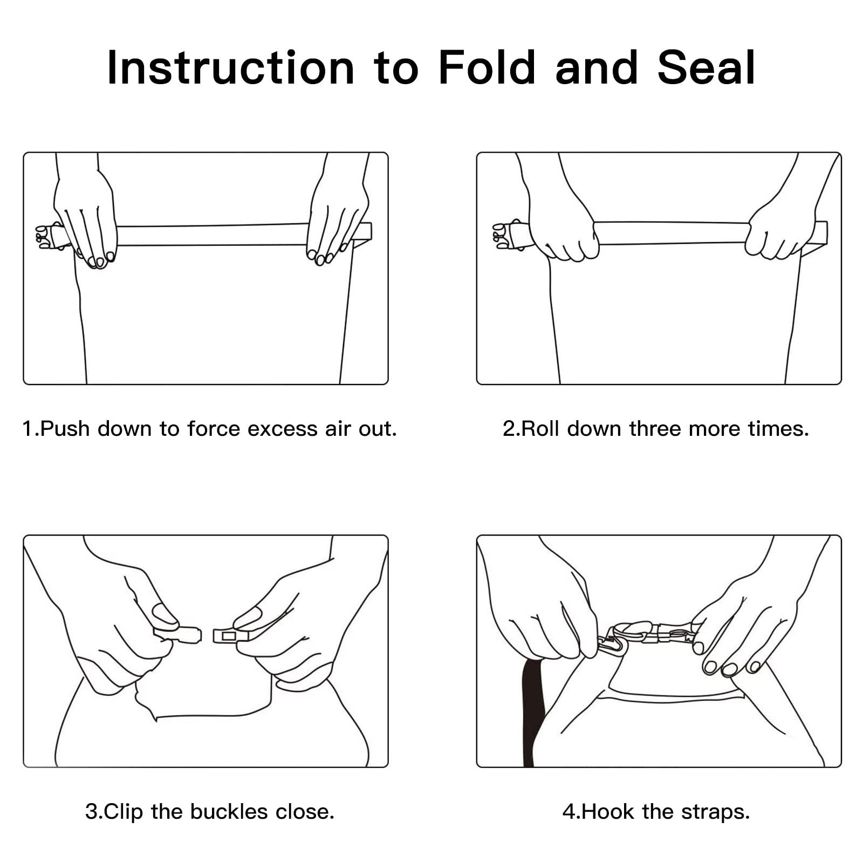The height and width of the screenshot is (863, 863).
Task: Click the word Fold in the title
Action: tap(487, 67)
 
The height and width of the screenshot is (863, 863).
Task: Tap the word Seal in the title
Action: tap(706, 67)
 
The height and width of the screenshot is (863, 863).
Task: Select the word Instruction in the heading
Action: tap(231, 67)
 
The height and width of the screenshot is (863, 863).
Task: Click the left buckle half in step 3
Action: tap(178, 634)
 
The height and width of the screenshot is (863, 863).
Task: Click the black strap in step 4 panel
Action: tap(532, 712)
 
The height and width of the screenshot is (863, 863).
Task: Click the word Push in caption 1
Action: tap(65, 429)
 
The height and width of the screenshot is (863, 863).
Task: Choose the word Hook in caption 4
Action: tap(608, 812)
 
